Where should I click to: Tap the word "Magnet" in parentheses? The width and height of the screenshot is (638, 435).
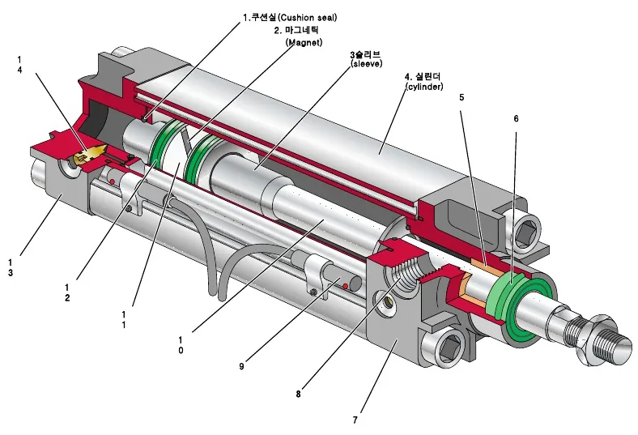coord(304,42)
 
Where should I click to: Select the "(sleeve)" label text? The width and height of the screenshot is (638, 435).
coord(366,64)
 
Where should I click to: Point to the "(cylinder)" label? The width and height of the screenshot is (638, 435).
coord(424,87)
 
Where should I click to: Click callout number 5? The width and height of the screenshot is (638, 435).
coord(461,98)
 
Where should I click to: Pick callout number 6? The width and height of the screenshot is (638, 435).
coord(517,119)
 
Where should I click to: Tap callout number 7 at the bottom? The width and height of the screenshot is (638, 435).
coord(355,420)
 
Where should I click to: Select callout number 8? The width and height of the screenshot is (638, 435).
coord(299,394)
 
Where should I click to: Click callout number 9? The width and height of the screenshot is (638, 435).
coord(242,366)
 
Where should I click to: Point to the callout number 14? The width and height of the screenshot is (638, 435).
coord(19,65)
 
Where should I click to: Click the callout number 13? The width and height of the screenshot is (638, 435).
coord(11,268)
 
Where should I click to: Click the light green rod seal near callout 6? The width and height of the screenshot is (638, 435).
coord(504,297)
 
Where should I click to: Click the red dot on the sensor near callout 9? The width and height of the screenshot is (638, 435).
coord(345,287)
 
